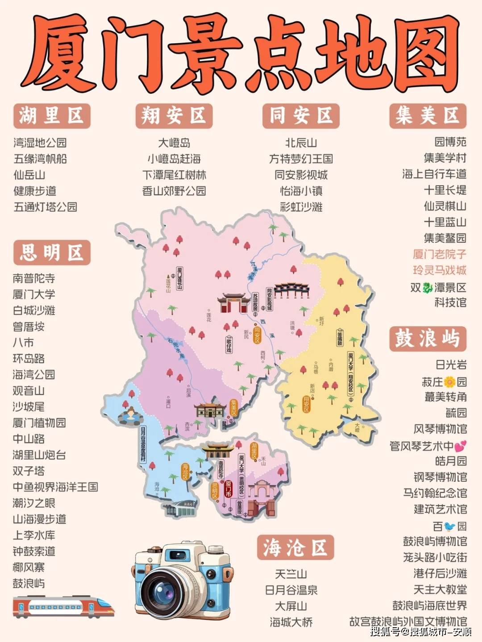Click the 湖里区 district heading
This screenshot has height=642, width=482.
(52, 116)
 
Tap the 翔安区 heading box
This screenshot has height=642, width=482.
(174, 116)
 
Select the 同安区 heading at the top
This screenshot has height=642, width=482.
(301, 116)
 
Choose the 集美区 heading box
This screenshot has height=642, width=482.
(428, 116)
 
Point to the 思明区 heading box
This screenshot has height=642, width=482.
(52, 253)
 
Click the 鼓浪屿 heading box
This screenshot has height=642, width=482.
(428, 338)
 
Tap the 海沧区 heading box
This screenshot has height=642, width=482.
(295, 547)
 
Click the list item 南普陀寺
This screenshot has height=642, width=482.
(34, 278)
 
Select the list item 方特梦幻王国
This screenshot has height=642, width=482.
(301, 159)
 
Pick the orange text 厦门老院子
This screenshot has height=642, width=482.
(439, 254)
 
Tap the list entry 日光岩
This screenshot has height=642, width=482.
(451, 365)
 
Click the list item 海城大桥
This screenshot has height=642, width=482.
(291, 622)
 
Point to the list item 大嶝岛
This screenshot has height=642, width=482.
(174, 143)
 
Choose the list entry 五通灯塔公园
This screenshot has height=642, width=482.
(45, 207)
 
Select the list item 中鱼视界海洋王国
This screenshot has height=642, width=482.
(55, 487)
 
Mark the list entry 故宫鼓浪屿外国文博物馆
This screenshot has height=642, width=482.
(408, 621)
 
